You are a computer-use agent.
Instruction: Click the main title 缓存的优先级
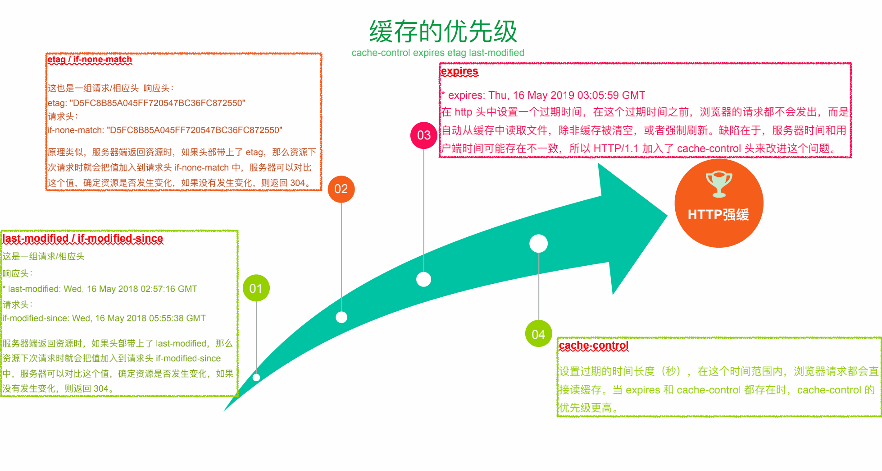[443, 32]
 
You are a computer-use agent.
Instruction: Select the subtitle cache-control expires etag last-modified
[438, 53]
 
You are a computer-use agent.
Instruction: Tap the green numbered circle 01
[256, 288]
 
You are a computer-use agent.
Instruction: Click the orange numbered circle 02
[341, 189]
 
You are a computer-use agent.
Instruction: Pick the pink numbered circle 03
[423, 135]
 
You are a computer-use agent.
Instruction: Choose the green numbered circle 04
[538, 334]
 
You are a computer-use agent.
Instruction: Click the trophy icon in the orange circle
[718, 184]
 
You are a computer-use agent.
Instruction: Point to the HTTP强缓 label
[718, 215]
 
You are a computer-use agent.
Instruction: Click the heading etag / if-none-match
[90, 60]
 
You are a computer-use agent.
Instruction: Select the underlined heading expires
[459, 71]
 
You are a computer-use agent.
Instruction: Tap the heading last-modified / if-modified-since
[83, 238]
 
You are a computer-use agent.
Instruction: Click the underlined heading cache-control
[594, 346]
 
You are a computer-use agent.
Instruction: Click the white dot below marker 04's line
[539, 244]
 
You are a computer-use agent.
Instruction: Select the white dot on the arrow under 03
[423, 279]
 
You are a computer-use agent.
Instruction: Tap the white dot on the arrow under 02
[341, 317]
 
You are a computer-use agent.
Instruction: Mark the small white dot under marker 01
[256, 378]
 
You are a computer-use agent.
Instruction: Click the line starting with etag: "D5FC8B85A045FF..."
[146, 103]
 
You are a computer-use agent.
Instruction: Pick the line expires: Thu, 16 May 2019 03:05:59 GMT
[543, 95]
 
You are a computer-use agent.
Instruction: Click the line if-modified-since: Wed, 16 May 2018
[104, 318]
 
